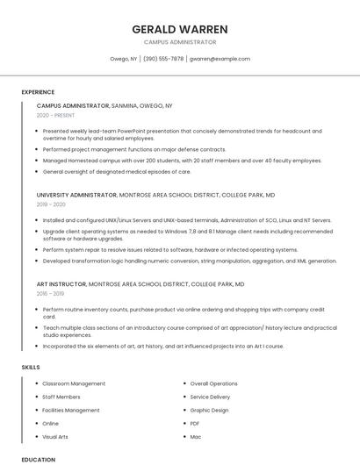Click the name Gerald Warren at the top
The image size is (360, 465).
pos(179,29)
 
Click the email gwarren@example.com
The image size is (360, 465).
pos(220,59)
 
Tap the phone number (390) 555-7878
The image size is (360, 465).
pos(163,59)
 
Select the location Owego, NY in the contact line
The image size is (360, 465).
pos(123,59)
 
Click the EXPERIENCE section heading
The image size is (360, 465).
pos(38,92)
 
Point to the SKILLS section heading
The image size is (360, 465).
pos(31,367)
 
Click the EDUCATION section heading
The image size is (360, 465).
pos(38,459)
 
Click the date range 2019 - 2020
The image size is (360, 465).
pos(51,204)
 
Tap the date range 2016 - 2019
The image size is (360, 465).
pos(51,294)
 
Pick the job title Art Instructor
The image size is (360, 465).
pos(61,284)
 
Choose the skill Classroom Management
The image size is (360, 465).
pos(74,383)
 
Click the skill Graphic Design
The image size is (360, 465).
pos(209,410)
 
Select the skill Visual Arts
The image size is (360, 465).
pos(55,436)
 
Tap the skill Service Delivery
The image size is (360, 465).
pos(211,397)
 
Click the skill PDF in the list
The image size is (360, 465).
pos(195,423)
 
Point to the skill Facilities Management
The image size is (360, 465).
pos(71,410)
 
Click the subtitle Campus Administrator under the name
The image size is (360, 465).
pos(179,42)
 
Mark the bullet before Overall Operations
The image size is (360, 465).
pos(184,383)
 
